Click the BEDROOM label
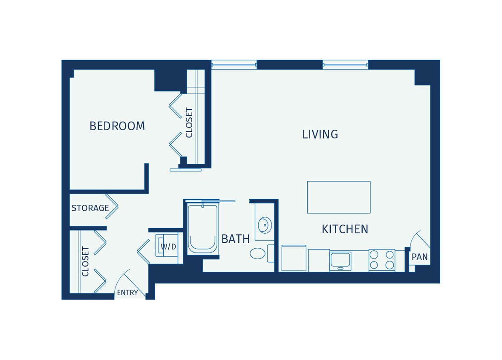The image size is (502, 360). point(117,126)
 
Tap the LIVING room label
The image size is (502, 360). point(320,134)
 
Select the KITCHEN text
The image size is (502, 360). point(345,229)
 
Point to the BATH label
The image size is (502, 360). point(235,239)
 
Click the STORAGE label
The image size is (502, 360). point(90,208)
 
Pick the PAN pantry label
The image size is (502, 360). point(419,257)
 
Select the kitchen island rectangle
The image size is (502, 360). point(338,197)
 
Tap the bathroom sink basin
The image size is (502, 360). point(265,225)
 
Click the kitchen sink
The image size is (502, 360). point(340,261)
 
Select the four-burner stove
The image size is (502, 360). point(381,260)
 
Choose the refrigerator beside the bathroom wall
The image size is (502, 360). point(294,258)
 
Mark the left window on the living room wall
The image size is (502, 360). point(234,65)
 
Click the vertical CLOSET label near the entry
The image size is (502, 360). point(86,261)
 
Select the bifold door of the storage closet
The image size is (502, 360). point(112,206)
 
